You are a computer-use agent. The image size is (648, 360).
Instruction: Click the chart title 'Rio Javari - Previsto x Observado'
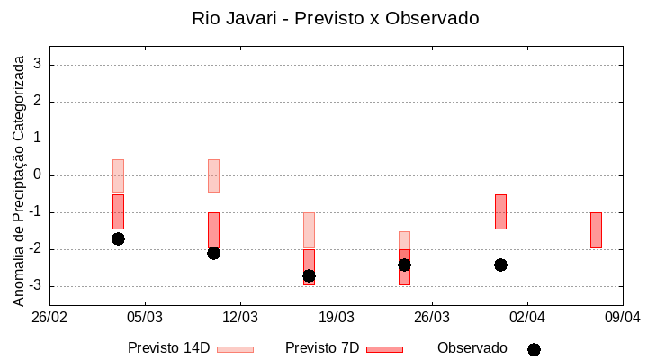tap(335, 18)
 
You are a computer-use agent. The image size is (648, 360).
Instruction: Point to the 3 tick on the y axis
tap(39, 65)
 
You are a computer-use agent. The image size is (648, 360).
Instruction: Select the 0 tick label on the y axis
tap(39, 175)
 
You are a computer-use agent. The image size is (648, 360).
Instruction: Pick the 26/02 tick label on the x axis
tap(49, 318)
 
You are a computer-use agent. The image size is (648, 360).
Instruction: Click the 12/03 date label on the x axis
tap(240, 318)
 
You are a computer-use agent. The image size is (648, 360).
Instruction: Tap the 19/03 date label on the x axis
tap(336, 318)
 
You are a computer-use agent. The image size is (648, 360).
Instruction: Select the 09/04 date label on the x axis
tap(622, 318)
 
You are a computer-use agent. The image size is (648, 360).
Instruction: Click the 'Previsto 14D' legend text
tap(168, 348)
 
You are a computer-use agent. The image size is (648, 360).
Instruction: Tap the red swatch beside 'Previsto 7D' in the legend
tap(384, 349)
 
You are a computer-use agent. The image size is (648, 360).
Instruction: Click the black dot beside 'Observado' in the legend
tap(534, 349)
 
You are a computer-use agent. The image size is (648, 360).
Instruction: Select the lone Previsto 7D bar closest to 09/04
tap(596, 230)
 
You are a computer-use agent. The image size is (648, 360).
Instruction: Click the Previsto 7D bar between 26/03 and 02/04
tap(500, 211)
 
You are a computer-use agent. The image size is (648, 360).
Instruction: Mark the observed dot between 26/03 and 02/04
tap(500, 265)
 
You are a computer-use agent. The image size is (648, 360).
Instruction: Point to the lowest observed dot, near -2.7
tap(309, 275)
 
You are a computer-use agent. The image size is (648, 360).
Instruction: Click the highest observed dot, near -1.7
tap(118, 238)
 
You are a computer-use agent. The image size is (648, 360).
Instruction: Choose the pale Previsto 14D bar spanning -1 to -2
tap(309, 230)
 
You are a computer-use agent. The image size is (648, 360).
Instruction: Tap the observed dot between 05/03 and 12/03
tap(213, 253)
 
